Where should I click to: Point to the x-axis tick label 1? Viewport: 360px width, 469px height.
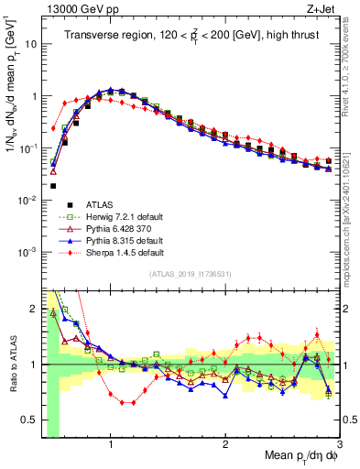point(111,443)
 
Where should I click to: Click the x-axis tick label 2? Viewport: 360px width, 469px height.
point(225,443)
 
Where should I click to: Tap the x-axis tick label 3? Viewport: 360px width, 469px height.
point(338,443)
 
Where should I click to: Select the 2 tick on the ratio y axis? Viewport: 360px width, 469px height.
point(33,307)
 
